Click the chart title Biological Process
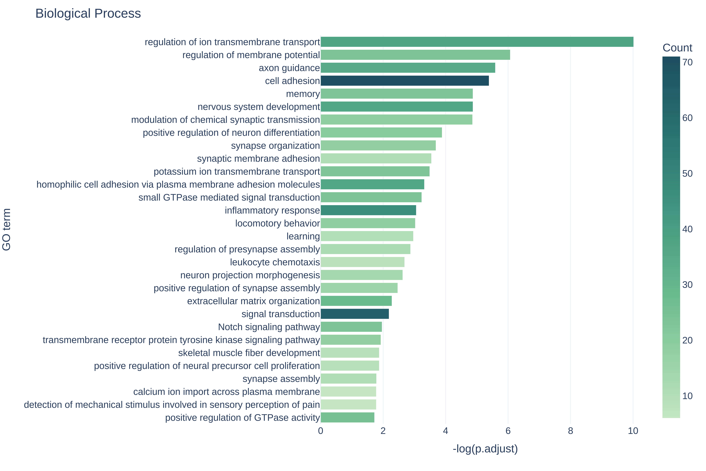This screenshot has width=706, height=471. pos(88,14)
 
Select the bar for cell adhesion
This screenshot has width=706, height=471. pos(405,81)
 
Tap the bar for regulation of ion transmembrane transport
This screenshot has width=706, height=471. pos(477,42)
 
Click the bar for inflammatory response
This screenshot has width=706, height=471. pos(368,210)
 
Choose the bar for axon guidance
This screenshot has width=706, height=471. pos(408,68)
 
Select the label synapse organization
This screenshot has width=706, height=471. pos(275,146)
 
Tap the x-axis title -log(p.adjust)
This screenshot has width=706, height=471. pos(485,449)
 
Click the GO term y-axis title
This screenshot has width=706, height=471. pos(7,230)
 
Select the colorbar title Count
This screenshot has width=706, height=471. pos(677,48)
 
